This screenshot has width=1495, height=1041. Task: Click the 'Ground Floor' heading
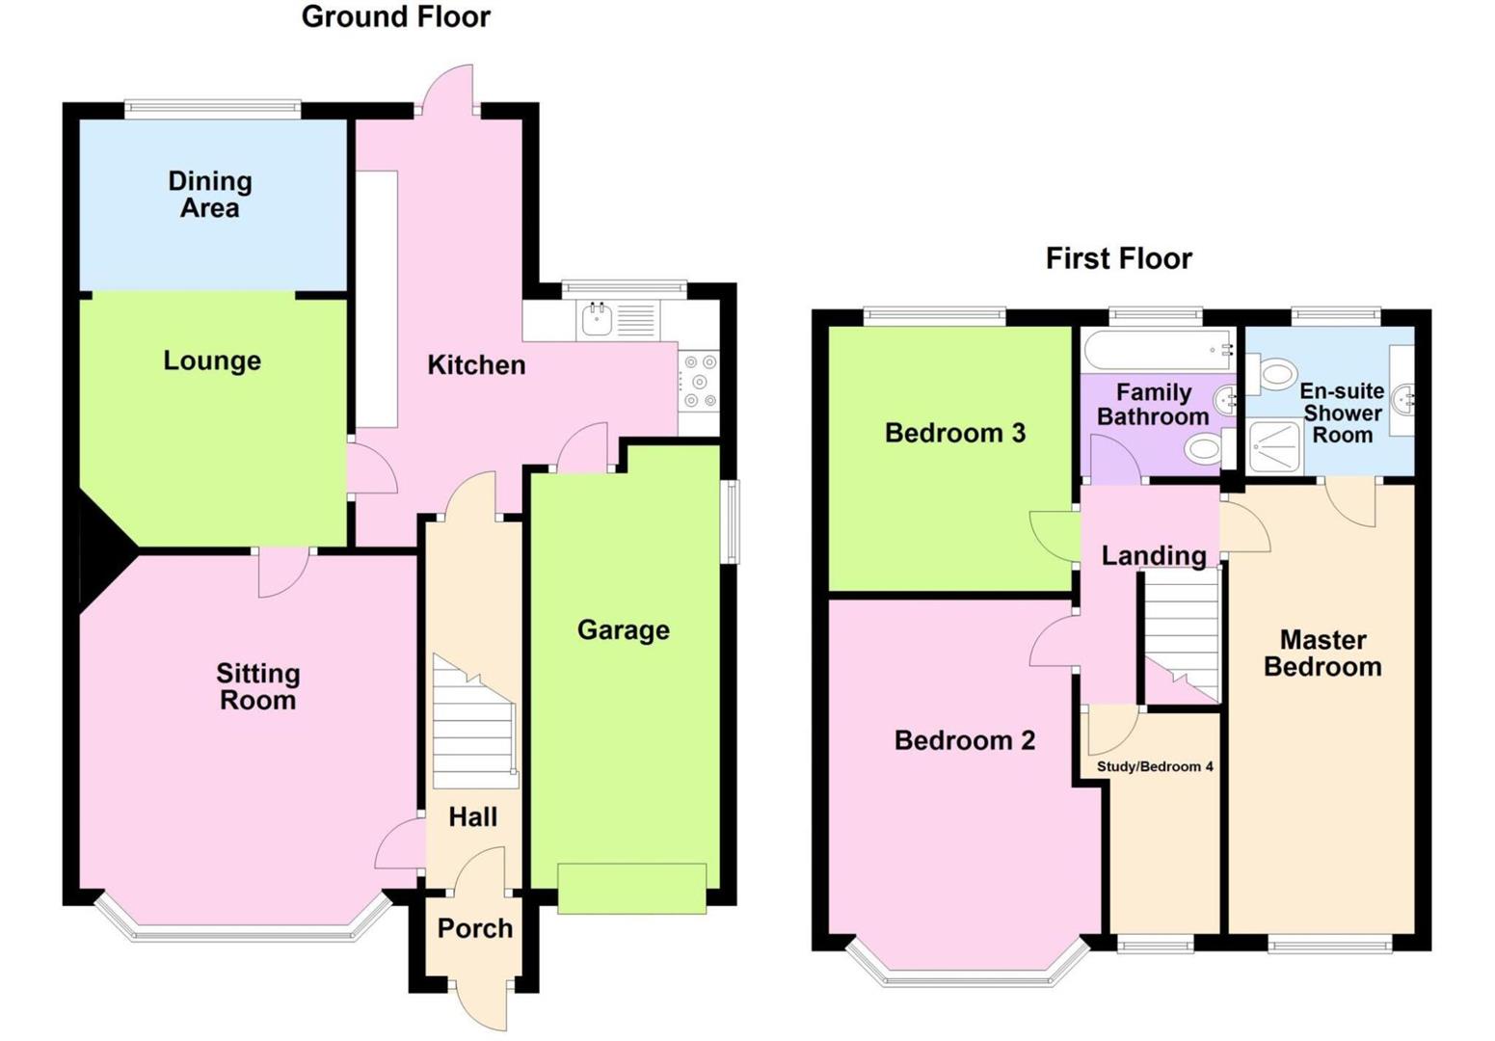[395, 16]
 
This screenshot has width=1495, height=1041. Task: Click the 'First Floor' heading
[1118, 258]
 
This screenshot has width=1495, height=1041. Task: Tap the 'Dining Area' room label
[210, 194]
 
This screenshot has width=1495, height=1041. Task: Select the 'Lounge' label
[212, 360]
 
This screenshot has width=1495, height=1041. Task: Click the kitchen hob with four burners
[700, 382]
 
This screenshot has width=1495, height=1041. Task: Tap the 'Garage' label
[623, 629]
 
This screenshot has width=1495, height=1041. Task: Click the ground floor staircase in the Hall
[473, 723]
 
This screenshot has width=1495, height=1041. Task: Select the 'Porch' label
[474, 927]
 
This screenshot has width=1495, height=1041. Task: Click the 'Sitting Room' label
[257, 686]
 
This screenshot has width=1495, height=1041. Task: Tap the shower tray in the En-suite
[1274, 449]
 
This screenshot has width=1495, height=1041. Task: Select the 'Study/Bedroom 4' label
[1155, 766]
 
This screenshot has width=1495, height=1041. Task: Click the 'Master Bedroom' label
[1322, 653]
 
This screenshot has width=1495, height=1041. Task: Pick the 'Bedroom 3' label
[954, 433]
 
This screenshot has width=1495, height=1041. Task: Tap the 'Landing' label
[1154, 555]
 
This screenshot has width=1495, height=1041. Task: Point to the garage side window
[732, 520]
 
